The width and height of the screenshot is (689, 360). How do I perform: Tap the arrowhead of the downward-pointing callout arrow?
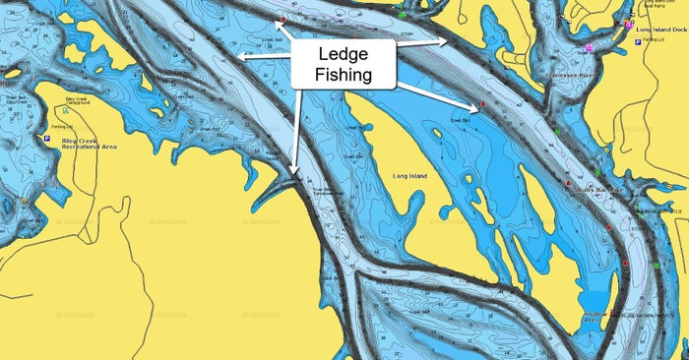click(292, 174)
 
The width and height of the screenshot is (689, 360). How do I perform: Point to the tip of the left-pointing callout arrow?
click(240, 57)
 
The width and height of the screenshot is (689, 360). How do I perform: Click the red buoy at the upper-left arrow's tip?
click(283, 20)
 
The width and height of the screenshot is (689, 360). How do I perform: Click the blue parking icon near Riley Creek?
click(46, 139)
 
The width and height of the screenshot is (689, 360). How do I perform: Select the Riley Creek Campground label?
click(77, 101)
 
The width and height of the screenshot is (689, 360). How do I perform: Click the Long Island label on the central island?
click(409, 176)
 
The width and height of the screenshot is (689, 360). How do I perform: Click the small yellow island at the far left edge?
click(11, 73)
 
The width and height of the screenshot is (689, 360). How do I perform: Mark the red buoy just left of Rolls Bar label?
click(569, 184)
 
